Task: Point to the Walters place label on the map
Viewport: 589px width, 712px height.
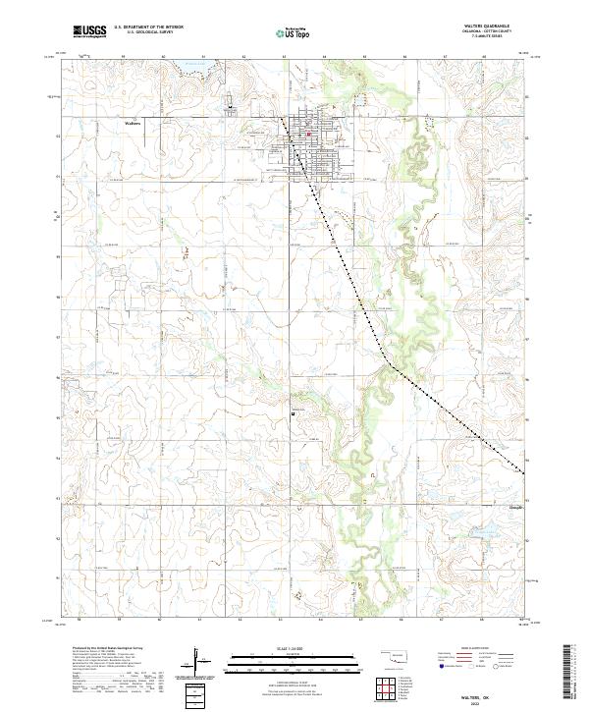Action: (134, 124)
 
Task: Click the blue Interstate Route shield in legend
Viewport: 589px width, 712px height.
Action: (440, 665)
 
